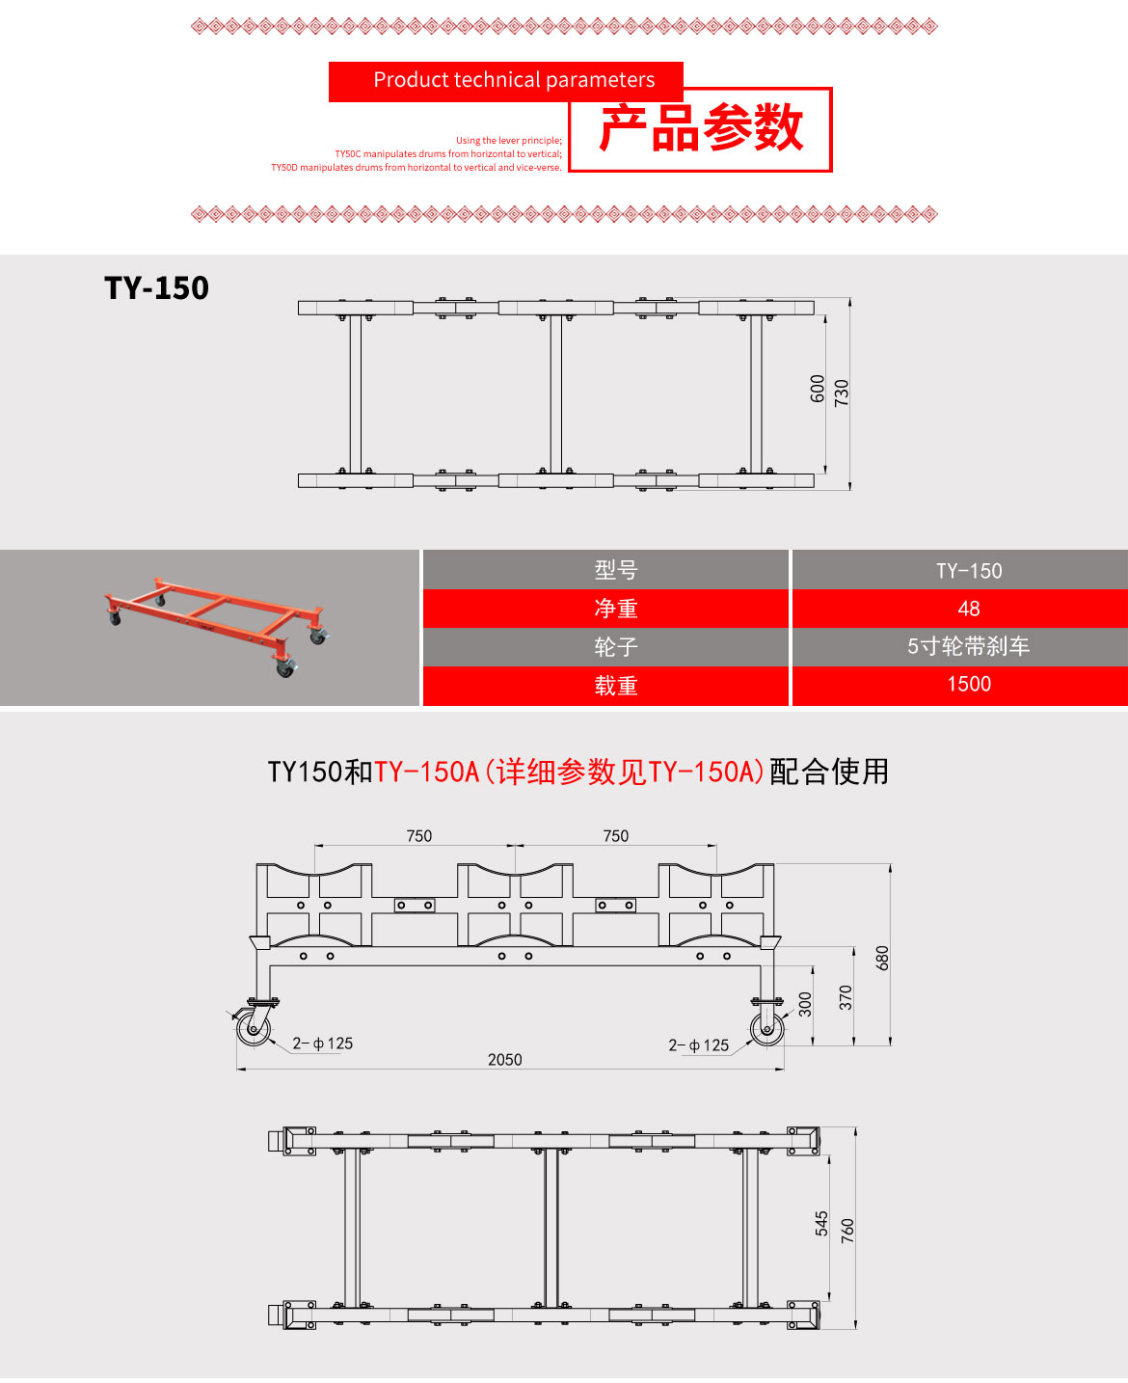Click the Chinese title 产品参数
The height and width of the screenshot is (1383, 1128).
point(701,129)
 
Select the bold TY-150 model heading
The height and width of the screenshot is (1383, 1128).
point(156,287)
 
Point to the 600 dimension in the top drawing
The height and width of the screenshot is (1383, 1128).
point(818,389)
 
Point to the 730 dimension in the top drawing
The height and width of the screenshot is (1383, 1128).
point(842,393)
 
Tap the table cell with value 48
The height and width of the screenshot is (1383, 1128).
point(969,609)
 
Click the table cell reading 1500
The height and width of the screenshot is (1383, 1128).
point(969,685)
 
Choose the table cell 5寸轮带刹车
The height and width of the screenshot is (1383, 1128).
point(969,647)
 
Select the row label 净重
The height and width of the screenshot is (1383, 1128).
point(616,609)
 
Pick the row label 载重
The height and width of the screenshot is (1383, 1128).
point(616,686)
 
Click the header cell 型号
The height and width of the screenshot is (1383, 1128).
point(616,570)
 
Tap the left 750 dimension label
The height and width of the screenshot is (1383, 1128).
point(419,836)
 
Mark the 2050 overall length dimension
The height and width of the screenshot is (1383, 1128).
point(504,1060)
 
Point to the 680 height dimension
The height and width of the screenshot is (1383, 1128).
point(882,958)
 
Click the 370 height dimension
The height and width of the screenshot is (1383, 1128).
point(846,997)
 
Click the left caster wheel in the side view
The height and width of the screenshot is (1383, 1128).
point(255,1028)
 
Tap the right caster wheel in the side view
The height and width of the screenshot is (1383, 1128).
point(767,1028)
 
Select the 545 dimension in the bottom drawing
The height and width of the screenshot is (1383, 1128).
point(821,1223)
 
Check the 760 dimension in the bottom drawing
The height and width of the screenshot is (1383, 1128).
point(847,1230)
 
